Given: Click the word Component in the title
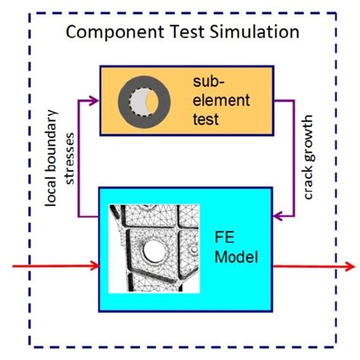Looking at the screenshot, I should pos(112,34).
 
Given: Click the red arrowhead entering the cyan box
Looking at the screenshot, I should pos(95,266).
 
